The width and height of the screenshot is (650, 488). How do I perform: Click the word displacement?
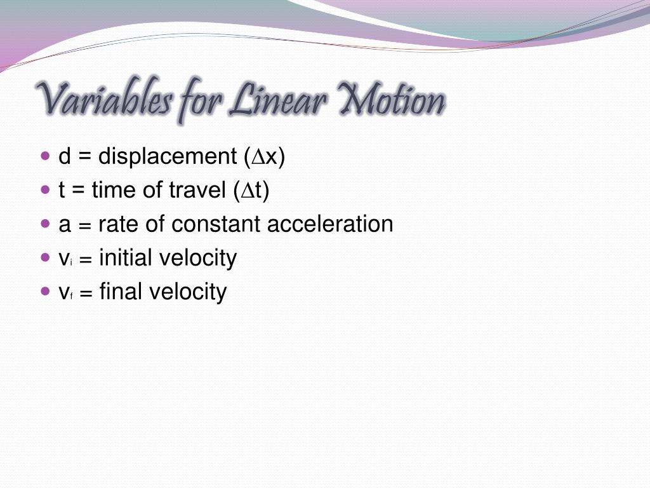(166, 157)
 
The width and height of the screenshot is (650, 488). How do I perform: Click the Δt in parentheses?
(254, 191)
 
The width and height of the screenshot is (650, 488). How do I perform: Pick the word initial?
(125, 258)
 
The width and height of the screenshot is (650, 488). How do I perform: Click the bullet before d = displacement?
(44, 156)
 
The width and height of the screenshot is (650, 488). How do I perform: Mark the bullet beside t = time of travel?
(44, 190)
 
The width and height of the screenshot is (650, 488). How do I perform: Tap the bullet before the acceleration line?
(44, 224)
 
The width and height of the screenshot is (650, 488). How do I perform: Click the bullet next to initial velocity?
(44, 257)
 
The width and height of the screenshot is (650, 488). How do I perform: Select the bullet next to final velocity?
(44, 291)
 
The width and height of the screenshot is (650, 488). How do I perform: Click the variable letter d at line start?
(64, 157)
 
